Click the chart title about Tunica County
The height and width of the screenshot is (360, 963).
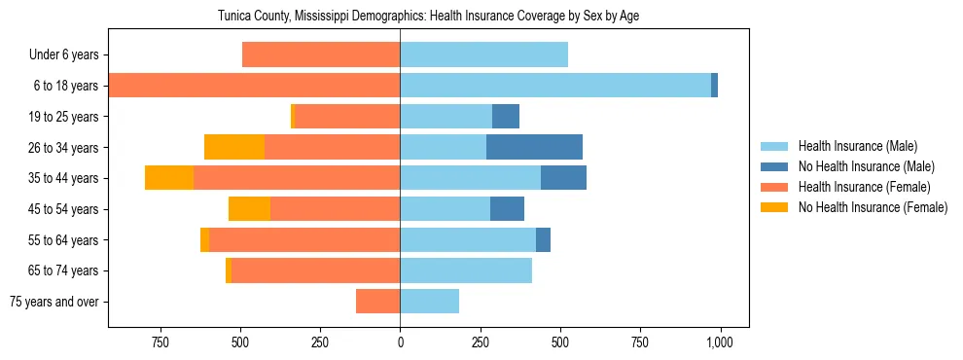point(428,16)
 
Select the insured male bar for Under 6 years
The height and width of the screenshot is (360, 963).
point(483,54)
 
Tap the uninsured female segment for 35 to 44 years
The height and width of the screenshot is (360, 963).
point(169,178)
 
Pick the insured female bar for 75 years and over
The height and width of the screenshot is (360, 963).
point(377,302)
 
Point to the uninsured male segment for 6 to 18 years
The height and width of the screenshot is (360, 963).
point(714,86)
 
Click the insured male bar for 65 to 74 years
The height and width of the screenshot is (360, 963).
point(466,270)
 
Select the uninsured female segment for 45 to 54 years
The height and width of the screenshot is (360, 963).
point(249,209)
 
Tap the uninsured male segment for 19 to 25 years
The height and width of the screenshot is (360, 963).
point(506,117)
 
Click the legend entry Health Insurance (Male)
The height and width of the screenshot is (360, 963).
point(857,146)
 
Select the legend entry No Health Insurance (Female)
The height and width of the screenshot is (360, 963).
point(873,207)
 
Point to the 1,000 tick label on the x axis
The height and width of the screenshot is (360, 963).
point(720,342)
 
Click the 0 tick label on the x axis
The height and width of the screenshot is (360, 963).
point(400,342)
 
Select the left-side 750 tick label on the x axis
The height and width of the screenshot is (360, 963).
point(160,342)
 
